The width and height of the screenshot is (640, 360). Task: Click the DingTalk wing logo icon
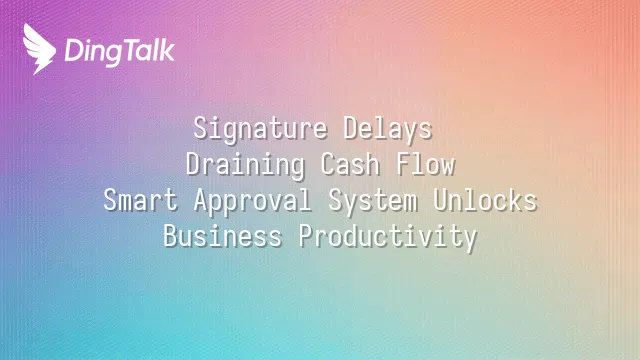(39, 49)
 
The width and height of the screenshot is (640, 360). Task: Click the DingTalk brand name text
(120, 51)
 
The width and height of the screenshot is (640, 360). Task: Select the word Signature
(260, 130)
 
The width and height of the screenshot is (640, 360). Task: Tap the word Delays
(388, 130)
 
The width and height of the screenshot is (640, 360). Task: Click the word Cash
(350, 165)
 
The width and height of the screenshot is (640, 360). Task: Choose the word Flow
(426, 165)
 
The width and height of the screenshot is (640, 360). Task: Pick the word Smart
(141, 201)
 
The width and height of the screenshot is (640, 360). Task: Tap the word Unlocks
(485, 201)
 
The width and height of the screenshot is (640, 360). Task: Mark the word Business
(223, 237)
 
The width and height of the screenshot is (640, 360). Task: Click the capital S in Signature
(200, 128)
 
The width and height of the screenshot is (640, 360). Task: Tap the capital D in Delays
(351, 128)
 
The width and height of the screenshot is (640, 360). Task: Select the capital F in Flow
(403, 164)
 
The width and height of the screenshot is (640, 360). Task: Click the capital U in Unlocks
(440, 200)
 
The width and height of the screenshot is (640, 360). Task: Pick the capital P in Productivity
(306, 236)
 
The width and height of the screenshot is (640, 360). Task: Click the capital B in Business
(171, 236)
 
